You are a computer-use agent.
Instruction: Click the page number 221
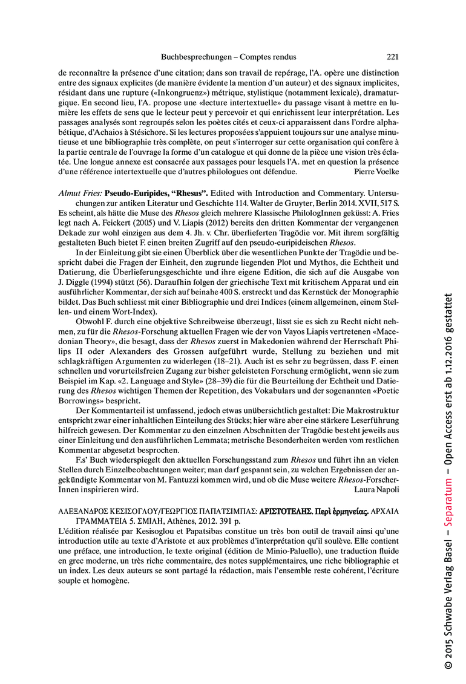pyautogui.click(x=392, y=57)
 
